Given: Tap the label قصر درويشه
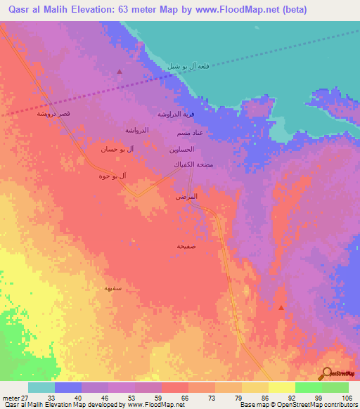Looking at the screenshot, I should (53, 114).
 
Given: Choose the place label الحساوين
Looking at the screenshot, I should (181, 150).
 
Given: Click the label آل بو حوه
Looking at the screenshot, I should (113, 175).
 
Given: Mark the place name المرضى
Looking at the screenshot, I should (186, 197).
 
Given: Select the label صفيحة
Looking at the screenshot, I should (186, 246).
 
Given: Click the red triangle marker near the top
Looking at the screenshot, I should (120, 72).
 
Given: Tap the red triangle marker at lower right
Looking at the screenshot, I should (281, 308).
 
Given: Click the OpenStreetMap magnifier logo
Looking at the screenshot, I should (326, 373).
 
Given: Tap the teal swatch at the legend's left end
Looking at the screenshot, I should (41, 387).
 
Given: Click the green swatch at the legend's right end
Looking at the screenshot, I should (335, 387).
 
